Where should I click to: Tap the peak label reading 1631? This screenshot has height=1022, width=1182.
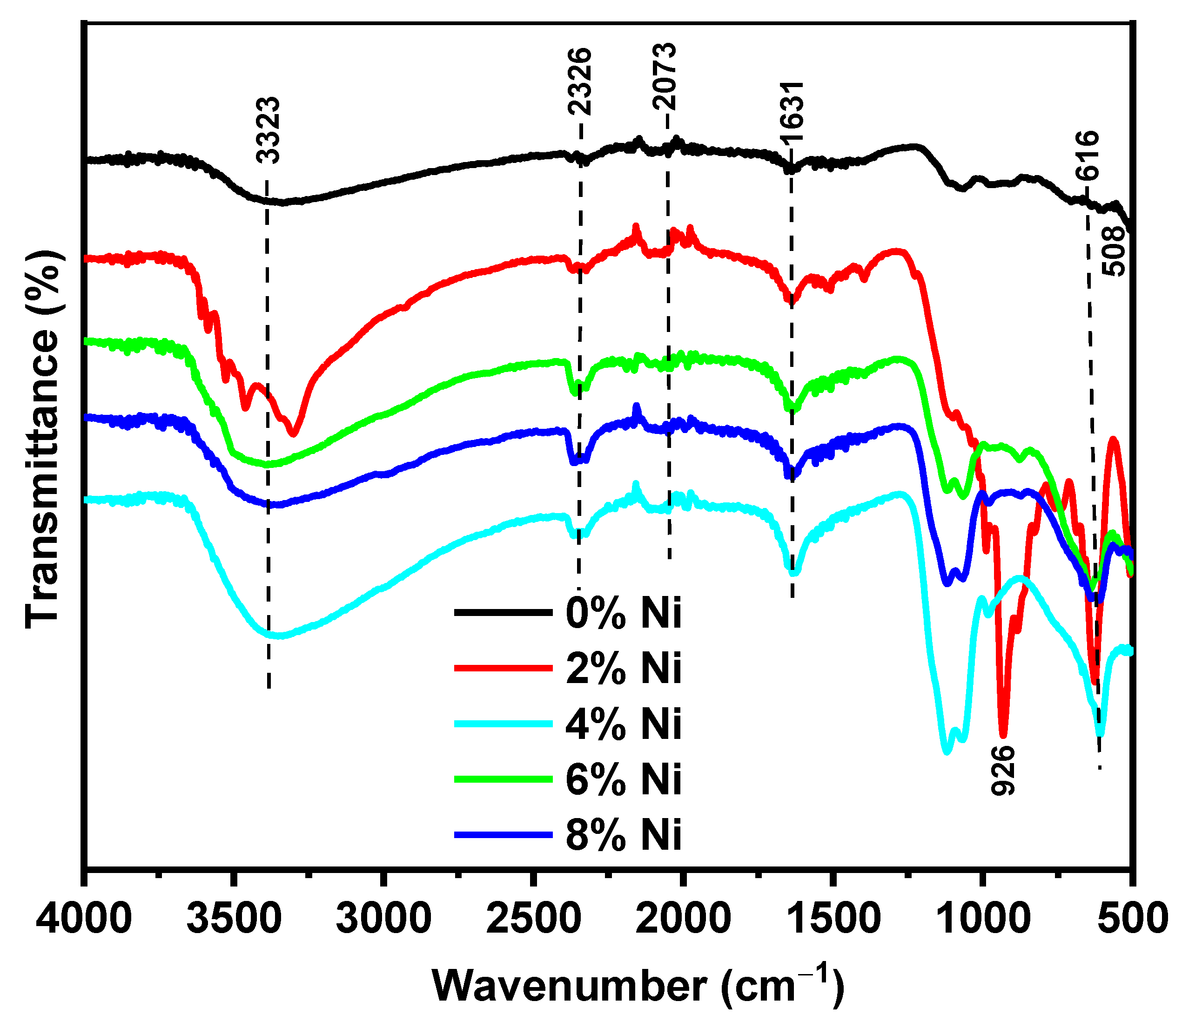pyautogui.click(x=792, y=112)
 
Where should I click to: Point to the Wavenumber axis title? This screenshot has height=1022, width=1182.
pyautogui.click(x=638, y=986)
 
